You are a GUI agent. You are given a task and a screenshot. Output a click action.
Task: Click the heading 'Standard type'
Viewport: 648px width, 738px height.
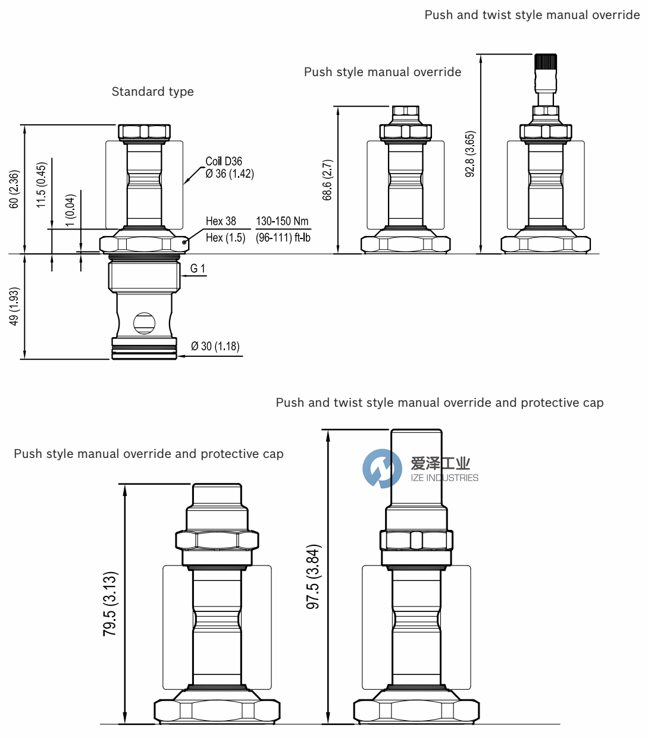click(x=152, y=92)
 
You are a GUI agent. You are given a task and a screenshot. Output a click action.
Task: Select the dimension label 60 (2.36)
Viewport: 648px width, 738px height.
click(x=14, y=189)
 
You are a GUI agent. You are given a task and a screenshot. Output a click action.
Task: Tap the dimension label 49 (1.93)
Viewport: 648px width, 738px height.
click(x=14, y=306)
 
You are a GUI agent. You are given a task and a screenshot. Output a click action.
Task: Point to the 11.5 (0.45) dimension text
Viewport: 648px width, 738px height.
click(x=41, y=185)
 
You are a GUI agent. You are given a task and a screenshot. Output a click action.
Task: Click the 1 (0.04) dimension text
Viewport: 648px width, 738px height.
click(x=70, y=210)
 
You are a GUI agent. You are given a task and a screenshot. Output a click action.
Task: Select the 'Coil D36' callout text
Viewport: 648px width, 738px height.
click(x=224, y=161)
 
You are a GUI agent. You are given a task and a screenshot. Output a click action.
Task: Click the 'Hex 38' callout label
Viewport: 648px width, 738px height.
click(x=221, y=221)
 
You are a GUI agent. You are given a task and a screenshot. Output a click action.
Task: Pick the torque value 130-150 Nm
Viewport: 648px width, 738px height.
click(x=282, y=221)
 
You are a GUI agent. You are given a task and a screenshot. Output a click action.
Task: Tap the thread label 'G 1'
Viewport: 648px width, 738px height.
click(x=198, y=269)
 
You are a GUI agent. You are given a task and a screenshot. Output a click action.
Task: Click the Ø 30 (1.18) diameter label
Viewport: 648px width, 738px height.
click(x=215, y=346)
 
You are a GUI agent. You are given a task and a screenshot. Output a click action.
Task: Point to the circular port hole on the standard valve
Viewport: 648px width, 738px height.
click(x=144, y=324)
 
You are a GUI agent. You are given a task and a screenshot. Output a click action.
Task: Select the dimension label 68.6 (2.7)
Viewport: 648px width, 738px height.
click(x=327, y=180)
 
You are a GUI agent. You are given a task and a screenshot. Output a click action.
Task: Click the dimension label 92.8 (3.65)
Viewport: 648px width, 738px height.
click(x=470, y=154)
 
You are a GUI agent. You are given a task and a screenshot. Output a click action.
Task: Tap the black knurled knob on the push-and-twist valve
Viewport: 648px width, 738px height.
click(x=545, y=62)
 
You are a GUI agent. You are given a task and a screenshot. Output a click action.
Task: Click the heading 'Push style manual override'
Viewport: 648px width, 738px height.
click(x=383, y=72)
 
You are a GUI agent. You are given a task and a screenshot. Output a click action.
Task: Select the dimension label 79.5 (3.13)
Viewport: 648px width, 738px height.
click(x=110, y=604)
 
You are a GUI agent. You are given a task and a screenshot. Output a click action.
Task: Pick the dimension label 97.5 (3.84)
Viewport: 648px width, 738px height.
click(x=313, y=576)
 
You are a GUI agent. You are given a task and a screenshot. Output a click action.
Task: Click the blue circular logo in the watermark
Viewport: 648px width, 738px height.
click(x=382, y=469)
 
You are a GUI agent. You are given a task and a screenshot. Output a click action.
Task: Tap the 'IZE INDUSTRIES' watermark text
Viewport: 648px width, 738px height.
click(x=444, y=478)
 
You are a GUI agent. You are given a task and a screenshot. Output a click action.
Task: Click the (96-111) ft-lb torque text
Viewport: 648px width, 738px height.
click(x=283, y=238)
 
